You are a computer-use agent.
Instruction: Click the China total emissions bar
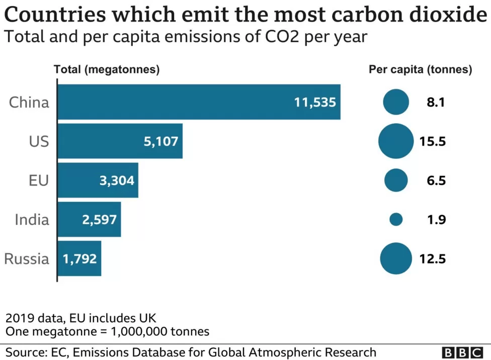click(199, 102)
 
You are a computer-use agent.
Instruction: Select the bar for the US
click(120, 141)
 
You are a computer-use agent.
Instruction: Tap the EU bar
click(98, 180)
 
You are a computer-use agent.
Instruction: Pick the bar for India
click(90, 219)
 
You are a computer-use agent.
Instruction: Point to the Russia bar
click(79, 258)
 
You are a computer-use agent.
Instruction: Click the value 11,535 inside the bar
click(314, 103)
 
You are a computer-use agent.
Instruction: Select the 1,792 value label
click(79, 259)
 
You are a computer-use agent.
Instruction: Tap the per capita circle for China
click(396, 102)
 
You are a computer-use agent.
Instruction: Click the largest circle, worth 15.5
click(396, 141)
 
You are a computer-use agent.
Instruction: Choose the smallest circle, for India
click(396, 219)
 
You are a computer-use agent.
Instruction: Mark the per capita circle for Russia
click(396, 258)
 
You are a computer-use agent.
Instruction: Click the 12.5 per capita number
click(433, 259)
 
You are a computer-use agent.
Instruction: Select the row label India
click(32, 220)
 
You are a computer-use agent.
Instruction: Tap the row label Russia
click(27, 259)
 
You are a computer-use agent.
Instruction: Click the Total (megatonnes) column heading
click(107, 70)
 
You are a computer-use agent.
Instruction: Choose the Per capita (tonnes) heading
click(420, 70)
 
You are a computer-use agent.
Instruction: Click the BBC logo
click(463, 352)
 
